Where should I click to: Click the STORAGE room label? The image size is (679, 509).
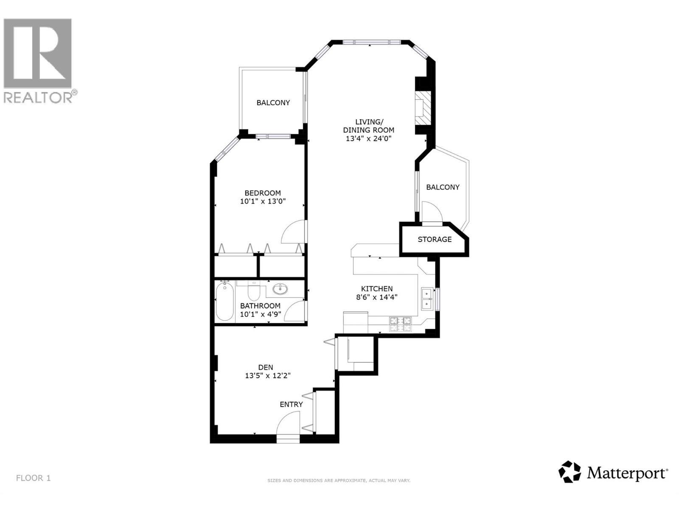pos(434,240)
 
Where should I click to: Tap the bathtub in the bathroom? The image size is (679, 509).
pos(224,302)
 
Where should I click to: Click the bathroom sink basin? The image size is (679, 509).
pos(280,290)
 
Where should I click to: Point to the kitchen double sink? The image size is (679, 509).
pos(426,299)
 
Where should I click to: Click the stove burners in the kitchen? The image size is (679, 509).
pos(401,324)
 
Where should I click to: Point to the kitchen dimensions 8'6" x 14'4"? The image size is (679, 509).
pos(377,297)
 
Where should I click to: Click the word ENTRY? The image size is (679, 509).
pos(291,405)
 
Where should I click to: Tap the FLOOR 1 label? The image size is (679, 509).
pos(33,478)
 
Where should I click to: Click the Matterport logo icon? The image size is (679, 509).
pos(569,472)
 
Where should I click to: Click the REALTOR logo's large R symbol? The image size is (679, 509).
pos(37,53)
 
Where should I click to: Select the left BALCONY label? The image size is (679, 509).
pos(273,103)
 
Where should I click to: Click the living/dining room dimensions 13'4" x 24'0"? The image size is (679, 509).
pos(368,138)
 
